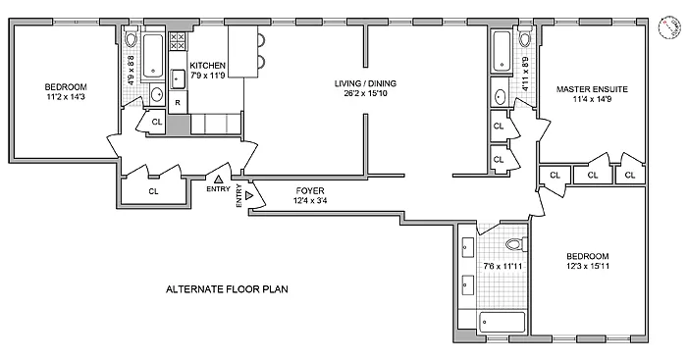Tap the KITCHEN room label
207,66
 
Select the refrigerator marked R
178,102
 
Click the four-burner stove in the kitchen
178,41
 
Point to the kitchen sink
178,79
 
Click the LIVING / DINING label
365,83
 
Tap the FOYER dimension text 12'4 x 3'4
310,201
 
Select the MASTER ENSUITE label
592,89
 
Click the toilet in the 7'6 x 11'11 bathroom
516,244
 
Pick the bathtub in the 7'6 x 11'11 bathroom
502,323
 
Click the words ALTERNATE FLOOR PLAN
227,289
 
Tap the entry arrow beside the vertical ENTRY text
249,195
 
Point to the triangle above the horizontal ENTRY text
218,179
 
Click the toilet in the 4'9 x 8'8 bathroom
131,38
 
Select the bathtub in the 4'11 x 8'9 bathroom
502,51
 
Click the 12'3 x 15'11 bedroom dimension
588,266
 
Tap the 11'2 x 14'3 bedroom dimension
66,97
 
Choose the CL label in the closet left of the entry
153,191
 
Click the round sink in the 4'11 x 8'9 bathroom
500,95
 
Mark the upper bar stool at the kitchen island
261,40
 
